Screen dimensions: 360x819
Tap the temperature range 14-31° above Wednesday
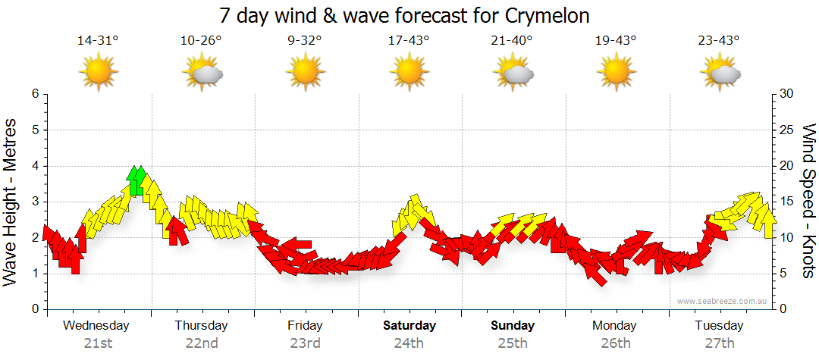(x=98, y=41)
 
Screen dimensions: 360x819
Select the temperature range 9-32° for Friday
(x=306, y=41)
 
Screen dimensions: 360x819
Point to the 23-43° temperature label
(x=719, y=41)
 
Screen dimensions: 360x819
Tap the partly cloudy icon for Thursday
(x=202, y=73)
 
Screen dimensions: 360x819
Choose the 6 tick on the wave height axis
(x=35, y=94)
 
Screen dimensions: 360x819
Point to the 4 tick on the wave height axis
(x=35, y=166)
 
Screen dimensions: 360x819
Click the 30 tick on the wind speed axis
(x=787, y=94)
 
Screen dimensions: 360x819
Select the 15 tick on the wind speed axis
(x=787, y=202)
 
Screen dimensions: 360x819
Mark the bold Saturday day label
(x=409, y=326)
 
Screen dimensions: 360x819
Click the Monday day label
(x=615, y=326)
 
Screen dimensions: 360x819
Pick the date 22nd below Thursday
(x=202, y=343)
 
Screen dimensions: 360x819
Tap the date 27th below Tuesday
(x=719, y=343)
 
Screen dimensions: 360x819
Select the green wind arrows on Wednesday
(x=136, y=180)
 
